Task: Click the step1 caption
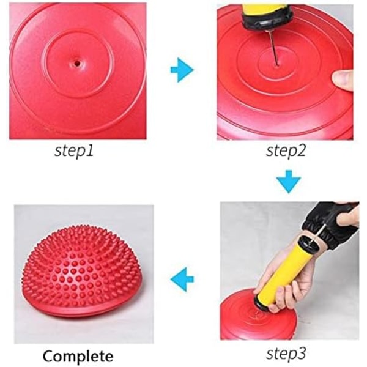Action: coord(74,150)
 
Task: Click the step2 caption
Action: coord(286,150)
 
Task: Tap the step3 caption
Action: coord(286,354)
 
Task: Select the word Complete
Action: coord(78,356)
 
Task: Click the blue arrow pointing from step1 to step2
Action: coord(182,70)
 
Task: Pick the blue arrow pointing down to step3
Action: coord(289,182)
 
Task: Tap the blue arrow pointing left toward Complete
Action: coord(182,279)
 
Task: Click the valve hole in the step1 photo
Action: coord(77,63)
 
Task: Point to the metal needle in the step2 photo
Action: coord(273,48)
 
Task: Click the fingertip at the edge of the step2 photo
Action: coord(343,80)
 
